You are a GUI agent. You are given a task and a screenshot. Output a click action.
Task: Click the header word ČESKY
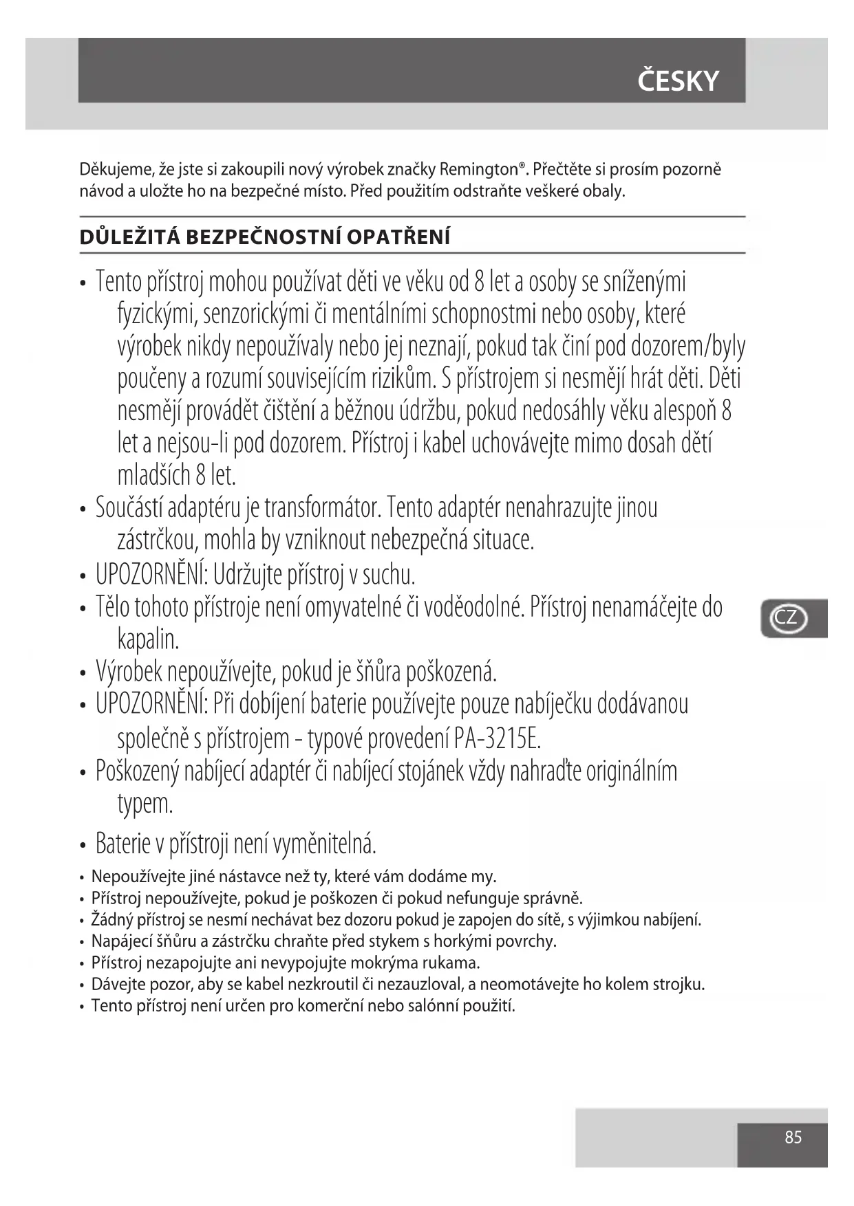click(x=678, y=81)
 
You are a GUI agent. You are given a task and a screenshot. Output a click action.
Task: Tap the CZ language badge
click(x=786, y=617)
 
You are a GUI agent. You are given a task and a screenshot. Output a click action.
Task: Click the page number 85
click(x=793, y=1137)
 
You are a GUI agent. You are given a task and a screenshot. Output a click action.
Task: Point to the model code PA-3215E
click(x=498, y=738)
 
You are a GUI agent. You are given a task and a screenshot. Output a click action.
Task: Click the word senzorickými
click(x=255, y=314)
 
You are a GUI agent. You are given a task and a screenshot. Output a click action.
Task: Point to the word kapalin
click(x=148, y=639)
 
